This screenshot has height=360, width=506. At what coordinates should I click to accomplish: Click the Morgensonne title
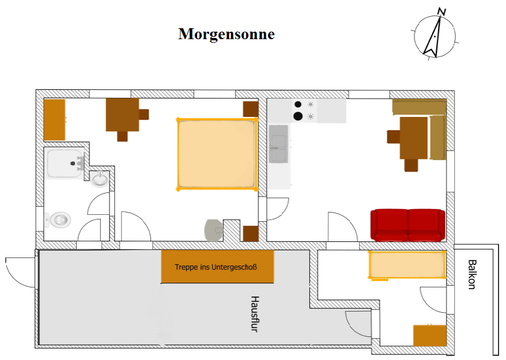coord(226,34)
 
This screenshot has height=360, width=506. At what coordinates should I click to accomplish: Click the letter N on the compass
coord(442,12)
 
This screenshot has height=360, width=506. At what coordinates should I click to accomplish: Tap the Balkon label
coord(472,275)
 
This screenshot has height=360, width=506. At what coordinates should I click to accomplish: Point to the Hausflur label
coord(255,314)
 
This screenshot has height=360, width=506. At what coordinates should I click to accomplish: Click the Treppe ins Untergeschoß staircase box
coord(217,267)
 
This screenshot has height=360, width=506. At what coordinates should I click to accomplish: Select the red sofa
coord(408,225)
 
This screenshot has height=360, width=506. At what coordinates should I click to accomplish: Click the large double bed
coord(217,154)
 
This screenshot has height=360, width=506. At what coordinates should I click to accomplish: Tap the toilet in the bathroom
coord(58,220)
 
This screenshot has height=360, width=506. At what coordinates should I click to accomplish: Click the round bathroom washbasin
coord(99,179)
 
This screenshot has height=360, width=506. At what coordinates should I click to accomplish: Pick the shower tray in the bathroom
coord(65,163)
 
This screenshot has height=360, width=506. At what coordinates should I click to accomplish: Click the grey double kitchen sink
coord(278,144)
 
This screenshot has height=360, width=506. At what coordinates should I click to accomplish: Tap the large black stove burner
coord(298,116)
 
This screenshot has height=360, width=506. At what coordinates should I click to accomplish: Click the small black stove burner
coord(298,104)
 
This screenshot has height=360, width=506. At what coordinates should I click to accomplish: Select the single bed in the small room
coord(407,265)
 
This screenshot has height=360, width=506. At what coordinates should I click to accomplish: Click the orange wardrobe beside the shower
coord(55,120)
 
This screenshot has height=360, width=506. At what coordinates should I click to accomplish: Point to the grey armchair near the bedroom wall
coord(214,230)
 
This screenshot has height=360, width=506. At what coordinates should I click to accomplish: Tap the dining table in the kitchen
coord(414,138)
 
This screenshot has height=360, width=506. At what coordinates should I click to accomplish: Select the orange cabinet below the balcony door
coord(430,335)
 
